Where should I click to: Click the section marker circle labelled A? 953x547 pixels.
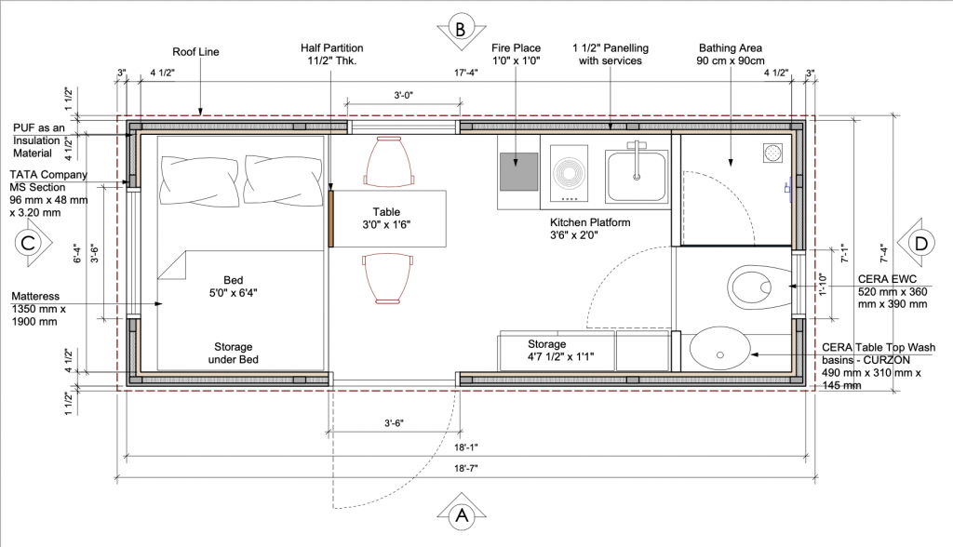pos(462,515)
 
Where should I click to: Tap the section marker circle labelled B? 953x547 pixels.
pos(461,29)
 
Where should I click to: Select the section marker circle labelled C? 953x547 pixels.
pos(27,243)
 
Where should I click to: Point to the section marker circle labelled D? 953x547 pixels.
pos(921,243)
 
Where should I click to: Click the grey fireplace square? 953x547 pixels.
pos(519,171)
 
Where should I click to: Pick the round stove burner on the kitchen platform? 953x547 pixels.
pos(569,173)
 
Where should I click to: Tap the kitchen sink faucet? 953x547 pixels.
pos(637,159)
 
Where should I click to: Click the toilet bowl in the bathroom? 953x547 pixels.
pos(751,287)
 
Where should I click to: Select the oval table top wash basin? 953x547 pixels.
pos(720,350)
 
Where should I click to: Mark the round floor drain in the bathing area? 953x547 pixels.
pos(773,153)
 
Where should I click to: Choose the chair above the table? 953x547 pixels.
pos(390,161)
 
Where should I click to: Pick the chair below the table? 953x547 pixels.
pos(389,279)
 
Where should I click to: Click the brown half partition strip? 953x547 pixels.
pos(331,219)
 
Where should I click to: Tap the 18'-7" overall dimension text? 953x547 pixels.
pos(466,469)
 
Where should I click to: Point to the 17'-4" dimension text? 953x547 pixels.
pos(466,73)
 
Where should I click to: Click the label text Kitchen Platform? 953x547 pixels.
pos(590,222)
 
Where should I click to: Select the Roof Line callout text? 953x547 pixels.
pos(195,52)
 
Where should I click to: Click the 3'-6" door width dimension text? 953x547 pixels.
pos(394,423)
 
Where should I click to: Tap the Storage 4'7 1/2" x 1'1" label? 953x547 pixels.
pos(560,351)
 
